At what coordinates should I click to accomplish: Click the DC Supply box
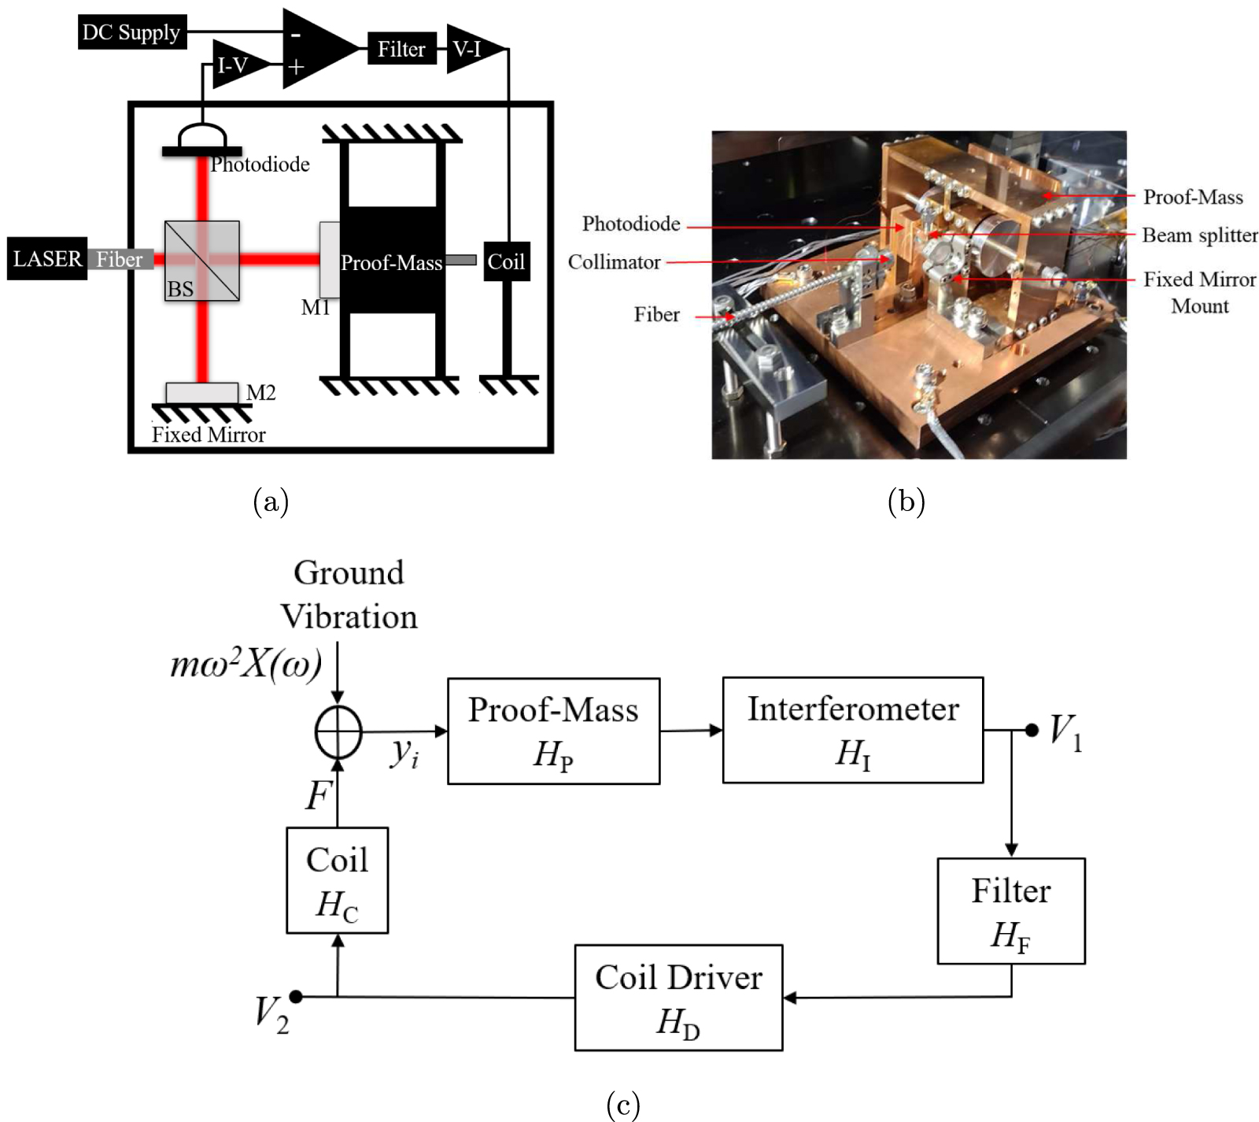pos(131,32)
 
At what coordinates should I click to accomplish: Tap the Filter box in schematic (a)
pos(401,49)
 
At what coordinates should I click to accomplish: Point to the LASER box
pos(46,259)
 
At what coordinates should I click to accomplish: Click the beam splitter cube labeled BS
pos(201,261)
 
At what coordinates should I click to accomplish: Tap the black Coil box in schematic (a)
pos(506,261)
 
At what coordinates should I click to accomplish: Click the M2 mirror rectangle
pos(201,392)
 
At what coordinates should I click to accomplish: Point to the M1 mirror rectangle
pos(329,260)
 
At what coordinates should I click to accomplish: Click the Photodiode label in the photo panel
pos(631,224)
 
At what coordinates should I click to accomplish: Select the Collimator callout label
pos(614,262)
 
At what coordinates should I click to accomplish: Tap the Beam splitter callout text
pos(1199,235)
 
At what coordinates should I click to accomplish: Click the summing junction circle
pos(338,731)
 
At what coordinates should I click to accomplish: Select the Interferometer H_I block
pos(852,730)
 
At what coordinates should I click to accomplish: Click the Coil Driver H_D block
pos(678,998)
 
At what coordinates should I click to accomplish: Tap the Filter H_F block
pos(1010,910)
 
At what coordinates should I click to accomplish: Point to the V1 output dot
pos(1032,730)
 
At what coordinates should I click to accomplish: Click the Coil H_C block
pos(337,879)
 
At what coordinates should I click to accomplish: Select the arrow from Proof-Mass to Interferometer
pos(691,731)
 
